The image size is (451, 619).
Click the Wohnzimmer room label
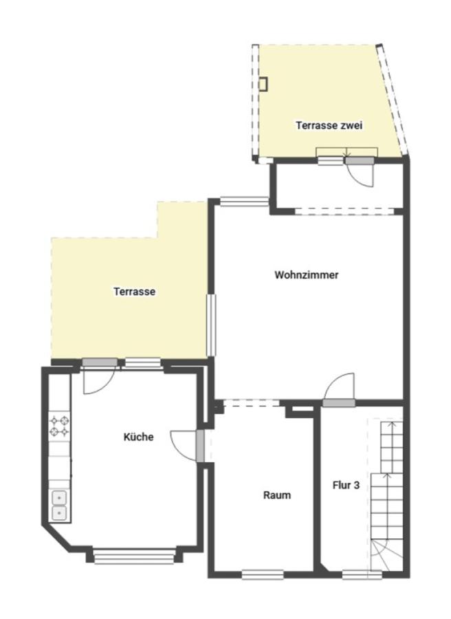pos(306,274)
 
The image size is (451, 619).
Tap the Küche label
pos(138,437)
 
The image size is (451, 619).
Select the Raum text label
pos(277,495)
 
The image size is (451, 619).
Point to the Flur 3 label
pos(346,485)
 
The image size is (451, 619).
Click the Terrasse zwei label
pos(329,126)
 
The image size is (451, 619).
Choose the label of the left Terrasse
pos(135,292)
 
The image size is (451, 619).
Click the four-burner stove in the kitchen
pos(59,426)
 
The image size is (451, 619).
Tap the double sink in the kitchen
pos(59,506)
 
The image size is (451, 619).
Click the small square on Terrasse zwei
pos(263,84)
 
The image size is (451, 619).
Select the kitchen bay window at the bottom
pos(134,556)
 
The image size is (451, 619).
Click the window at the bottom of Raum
pos(263,574)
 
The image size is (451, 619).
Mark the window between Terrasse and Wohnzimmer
pos(212,325)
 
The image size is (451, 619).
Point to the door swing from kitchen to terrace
pos(99,380)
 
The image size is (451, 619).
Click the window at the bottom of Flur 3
pos(362,574)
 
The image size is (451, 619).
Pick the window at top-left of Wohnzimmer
pos(245,202)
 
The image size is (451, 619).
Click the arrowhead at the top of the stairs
pos(392,424)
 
